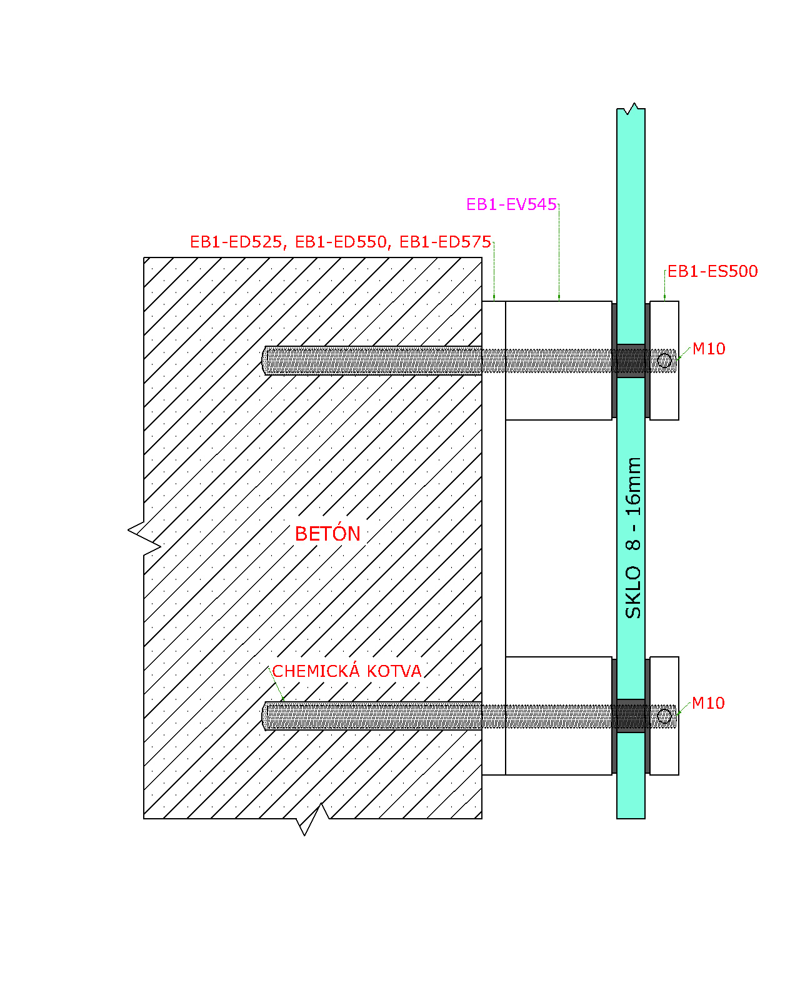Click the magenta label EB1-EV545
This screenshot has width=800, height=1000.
(511, 204)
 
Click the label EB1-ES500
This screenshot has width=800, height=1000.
(712, 271)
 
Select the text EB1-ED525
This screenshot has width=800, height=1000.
(236, 242)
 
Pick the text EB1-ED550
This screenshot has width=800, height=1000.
(341, 242)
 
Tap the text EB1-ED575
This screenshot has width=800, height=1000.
(446, 242)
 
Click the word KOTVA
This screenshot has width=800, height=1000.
(394, 671)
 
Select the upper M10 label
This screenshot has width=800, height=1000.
(709, 349)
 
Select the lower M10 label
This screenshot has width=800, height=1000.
(708, 703)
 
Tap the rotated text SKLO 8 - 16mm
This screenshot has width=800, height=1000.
(633, 537)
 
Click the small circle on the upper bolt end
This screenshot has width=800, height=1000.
(664, 361)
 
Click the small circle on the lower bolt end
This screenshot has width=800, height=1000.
(664, 716)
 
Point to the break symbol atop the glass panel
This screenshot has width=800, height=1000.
(631, 109)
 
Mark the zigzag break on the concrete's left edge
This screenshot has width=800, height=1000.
(144, 538)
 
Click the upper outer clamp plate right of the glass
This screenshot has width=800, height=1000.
(664, 361)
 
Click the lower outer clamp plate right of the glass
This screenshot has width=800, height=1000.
(664, 716)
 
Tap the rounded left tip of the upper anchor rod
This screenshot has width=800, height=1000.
(264, 361)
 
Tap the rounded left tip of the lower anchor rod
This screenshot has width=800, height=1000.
(264, 716)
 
